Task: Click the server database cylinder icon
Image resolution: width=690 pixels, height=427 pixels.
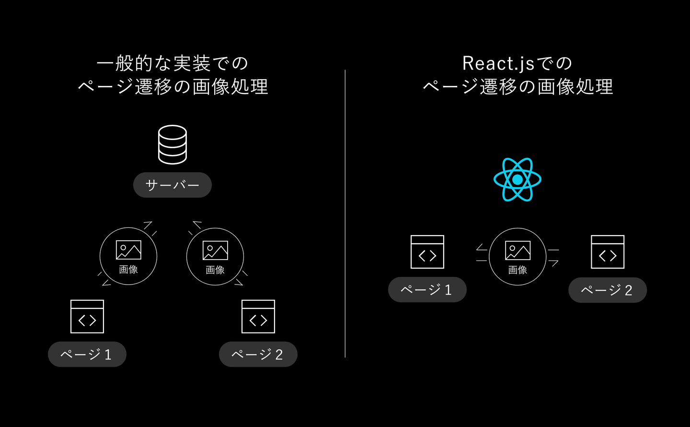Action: (172, 144)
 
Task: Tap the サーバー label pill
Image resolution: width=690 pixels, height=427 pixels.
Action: (172, 185)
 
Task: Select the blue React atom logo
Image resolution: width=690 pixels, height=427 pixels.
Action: (517, 179)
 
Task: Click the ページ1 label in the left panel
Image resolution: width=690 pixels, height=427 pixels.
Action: (87, 355)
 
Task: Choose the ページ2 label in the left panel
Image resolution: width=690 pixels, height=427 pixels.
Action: (258, 355)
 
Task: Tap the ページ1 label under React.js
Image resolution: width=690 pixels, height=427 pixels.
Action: (427, 290)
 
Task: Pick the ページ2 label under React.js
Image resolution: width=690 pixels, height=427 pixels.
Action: (607, 290)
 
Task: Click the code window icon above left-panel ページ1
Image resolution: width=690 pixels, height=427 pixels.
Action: (87, 317)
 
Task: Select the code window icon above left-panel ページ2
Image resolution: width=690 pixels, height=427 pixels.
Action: (258, 317)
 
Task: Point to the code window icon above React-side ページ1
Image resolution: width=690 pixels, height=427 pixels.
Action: (427, 252)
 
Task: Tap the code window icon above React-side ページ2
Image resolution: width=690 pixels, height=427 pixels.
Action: (608, 252)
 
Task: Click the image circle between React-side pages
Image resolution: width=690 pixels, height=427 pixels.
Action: (517, 257)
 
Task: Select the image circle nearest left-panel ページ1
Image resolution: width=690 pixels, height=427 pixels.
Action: (128, 256)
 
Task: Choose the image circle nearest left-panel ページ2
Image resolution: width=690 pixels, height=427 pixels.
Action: (215, 257)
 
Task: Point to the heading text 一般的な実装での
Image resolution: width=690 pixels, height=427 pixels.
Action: (172, 63)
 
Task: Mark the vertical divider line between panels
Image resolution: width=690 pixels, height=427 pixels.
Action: (345, 213)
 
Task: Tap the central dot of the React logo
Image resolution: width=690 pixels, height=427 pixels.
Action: (517, 179)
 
